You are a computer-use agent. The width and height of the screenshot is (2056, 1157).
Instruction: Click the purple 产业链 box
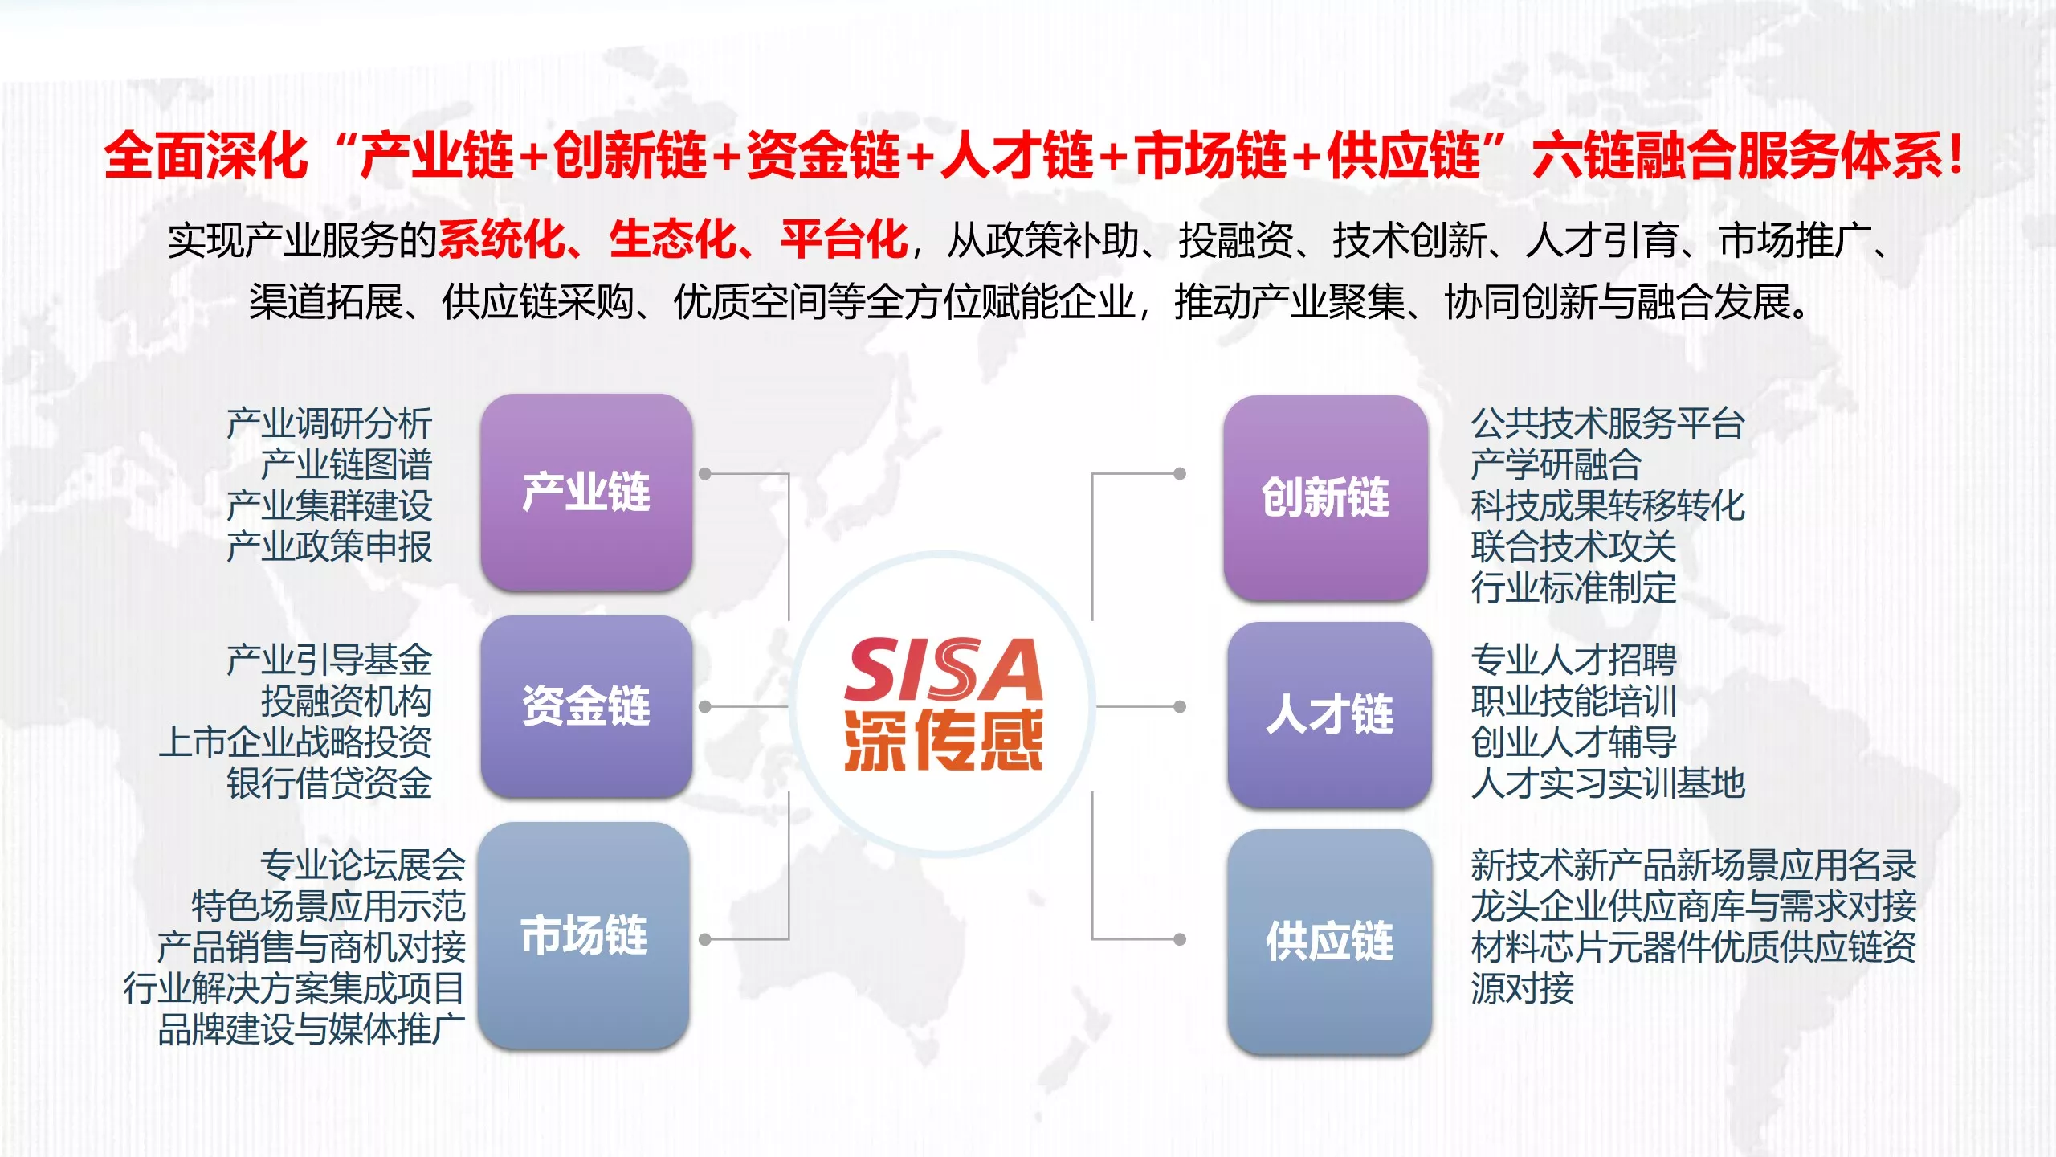[586, 493]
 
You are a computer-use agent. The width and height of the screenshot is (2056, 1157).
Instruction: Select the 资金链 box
[586, 706]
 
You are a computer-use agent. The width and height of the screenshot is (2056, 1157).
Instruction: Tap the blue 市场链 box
[584, 935]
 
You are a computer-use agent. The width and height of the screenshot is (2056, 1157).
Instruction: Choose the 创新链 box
[1325, 497]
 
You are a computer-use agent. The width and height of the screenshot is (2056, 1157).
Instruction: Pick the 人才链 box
[1329, 714]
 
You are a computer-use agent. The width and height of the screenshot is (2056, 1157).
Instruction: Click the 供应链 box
[1329, 941]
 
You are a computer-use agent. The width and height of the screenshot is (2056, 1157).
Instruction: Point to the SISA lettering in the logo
[943, 669]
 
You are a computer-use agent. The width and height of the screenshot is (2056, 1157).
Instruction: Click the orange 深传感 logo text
[943, 740]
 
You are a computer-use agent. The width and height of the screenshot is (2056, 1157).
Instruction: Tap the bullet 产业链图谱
[346, 464]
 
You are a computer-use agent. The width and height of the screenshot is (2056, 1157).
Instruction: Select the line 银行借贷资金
[329, 783]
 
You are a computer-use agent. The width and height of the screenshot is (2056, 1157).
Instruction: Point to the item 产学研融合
[1556, 464]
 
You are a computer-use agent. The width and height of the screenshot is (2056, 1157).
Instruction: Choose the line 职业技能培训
[1573, 701]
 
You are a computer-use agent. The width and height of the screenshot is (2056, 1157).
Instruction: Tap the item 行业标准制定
[1573, 587]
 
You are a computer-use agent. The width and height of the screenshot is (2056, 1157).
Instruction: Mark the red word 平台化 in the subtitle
[844, 239]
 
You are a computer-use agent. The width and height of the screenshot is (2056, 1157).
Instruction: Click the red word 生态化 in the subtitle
[673, 239]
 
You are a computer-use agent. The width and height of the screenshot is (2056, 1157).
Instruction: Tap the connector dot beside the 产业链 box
[705, 474]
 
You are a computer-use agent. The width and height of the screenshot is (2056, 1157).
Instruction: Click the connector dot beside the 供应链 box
[1180, 939]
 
